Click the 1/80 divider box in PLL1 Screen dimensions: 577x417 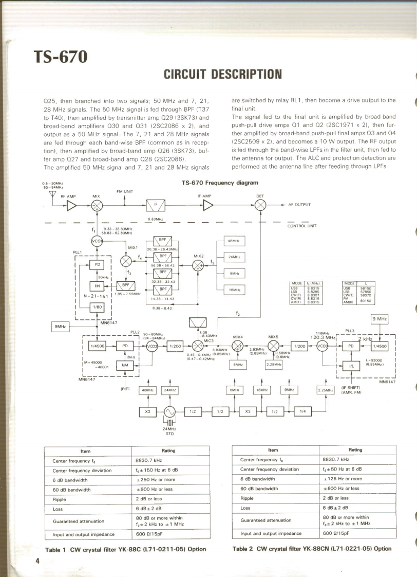click(x=97, y=308)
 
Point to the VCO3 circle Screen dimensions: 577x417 click(x=323, y=346)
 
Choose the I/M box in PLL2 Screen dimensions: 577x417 click(x=124, y=365)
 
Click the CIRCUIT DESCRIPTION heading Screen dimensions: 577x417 click(x=223, y=74)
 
